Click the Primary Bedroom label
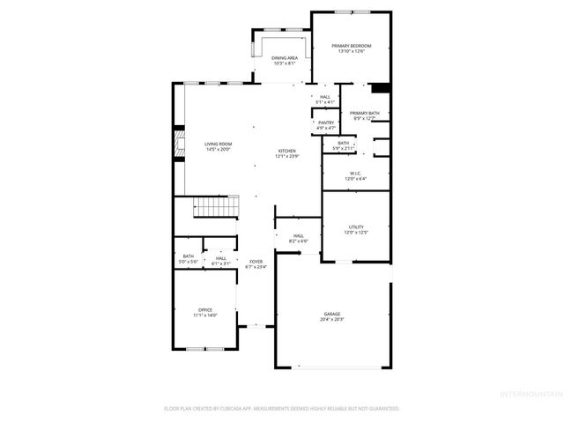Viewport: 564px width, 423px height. click(x=351, y=46)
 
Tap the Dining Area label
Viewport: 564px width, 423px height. click(x=284, y=58)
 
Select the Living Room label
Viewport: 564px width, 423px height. click(x=218, y=144)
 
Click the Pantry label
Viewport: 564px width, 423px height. click(x=325, y=122)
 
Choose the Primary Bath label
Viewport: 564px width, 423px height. click(x=364, y=113)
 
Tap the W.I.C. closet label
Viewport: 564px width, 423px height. click(x=356, y=174)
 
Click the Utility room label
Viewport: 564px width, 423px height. click(x=356, y=226)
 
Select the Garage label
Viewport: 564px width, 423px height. click(x=331, y=314)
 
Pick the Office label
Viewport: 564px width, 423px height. click(x=204, y=309)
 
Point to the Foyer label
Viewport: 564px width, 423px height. click(x=256, y=262)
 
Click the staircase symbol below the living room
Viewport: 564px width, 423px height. click(x=216, y=208)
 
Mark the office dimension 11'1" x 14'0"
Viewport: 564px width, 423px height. click(x=204, y=315)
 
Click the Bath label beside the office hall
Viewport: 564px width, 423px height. click(x=188, y=256)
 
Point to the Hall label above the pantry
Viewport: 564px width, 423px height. click(x=325, y=97)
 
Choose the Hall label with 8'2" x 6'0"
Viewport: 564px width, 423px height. click(x=299, y=235)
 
